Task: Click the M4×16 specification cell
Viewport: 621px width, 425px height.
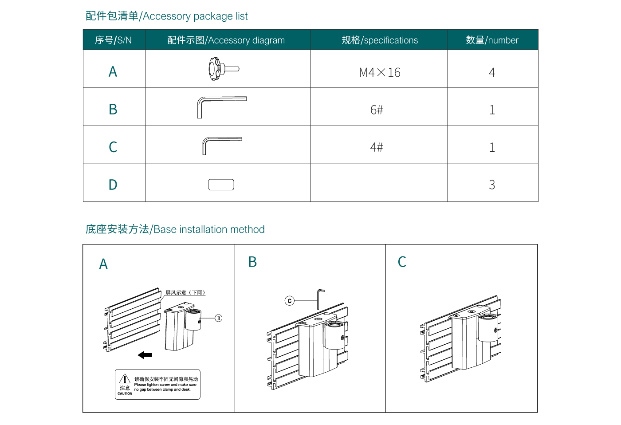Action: click(379, 72)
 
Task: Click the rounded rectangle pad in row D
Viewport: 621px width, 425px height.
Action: click(221, 185)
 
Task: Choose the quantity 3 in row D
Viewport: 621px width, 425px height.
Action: click(491, 185)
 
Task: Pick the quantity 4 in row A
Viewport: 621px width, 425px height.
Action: click(491, 72)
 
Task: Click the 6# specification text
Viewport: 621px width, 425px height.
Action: click(376, 110)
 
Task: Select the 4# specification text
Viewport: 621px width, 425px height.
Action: click(376, 147)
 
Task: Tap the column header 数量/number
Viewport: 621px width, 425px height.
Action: click(492, 40)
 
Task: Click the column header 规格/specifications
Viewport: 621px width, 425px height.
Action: click(379, 40)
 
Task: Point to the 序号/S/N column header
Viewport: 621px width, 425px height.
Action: click(113, 40)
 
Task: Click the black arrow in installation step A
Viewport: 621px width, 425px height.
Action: click(145, 355)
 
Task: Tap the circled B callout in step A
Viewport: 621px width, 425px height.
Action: click(218, 318)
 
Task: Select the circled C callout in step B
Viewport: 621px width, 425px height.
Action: click(289, 301)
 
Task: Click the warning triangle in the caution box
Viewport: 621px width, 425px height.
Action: click(125, 378)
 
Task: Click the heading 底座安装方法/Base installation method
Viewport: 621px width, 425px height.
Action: click(175, 229)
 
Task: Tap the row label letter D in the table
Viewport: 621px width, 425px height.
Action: click(113, 185)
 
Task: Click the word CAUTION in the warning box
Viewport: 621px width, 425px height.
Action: click(125, 394)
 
